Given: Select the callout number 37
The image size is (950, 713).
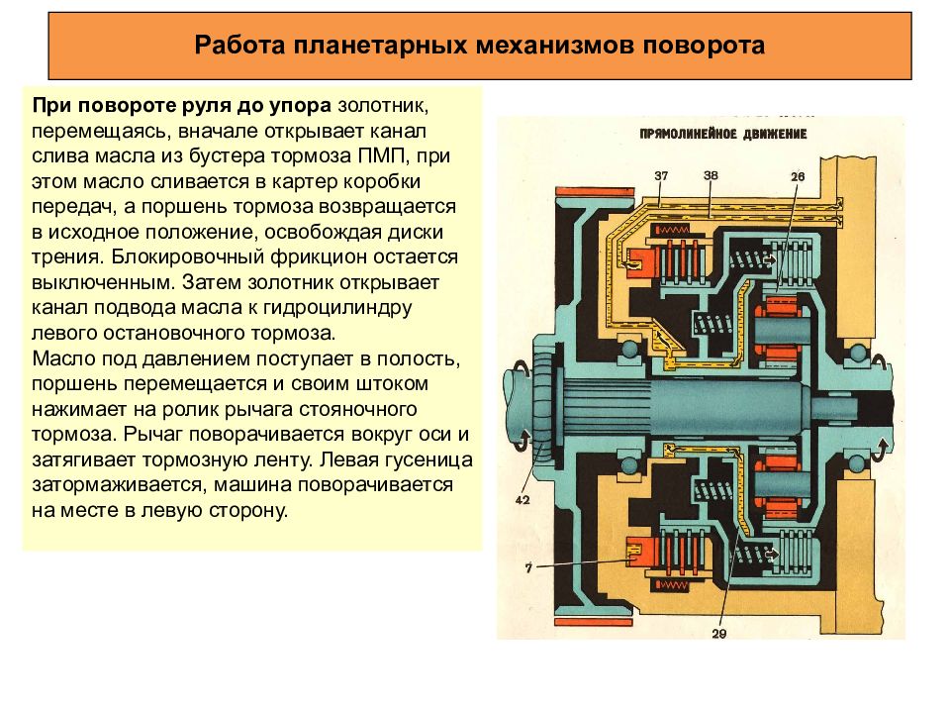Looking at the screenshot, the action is tap(661, 176).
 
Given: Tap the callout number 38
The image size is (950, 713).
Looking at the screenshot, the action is tap(711, 175).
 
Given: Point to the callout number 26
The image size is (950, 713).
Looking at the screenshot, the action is tap(798, 176).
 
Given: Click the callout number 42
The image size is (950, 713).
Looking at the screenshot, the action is tap(522, 500).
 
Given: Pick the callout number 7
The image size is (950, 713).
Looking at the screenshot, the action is tap(528, 568).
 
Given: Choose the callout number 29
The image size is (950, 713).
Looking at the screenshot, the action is tap(719, 634).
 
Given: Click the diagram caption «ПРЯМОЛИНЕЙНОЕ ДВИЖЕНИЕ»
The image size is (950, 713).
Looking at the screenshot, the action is tap(723, 134).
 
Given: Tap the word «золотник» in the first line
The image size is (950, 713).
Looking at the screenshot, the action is tap(383, 106).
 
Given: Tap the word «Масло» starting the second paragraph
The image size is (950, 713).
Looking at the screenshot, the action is tap(64, 358).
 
